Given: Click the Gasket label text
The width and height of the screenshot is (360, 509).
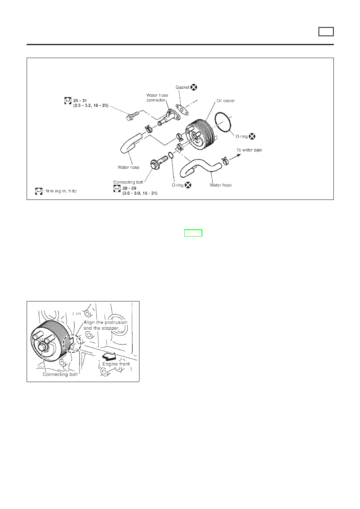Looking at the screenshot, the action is (x=182, y=87).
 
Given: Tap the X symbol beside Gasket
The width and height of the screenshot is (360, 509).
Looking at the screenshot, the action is (x=194, y=87).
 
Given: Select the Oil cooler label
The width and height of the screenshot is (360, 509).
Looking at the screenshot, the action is (x=225, y=101).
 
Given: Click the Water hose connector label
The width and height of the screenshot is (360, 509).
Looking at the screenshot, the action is (x=157, y=98).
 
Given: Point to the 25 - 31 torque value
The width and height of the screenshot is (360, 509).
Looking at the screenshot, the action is (x=80, y=100).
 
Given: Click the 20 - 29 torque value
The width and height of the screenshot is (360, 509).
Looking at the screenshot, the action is (x=129, y=188).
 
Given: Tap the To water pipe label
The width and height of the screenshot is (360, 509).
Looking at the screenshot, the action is (x=249, y=150).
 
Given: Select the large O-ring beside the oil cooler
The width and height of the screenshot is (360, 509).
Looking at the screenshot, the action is (x=223, y=122).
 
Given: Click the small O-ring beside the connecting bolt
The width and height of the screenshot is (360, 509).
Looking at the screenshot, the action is (x=171, y=155).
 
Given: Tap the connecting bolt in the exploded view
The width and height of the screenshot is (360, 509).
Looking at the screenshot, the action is (x=159, y=162).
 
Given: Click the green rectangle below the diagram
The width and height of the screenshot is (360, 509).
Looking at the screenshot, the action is (x=193, y=233).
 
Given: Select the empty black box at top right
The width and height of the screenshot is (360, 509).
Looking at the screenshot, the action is (x=326, y=31).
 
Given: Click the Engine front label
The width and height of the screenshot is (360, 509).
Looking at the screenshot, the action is (x=116, y=364).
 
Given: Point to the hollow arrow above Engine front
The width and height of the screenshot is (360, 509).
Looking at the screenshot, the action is (x=109, y=356).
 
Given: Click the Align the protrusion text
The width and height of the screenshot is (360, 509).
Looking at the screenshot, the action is (x=105, y=322).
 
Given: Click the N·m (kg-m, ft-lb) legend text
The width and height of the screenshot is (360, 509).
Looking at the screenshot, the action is (x=61, y=191).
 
